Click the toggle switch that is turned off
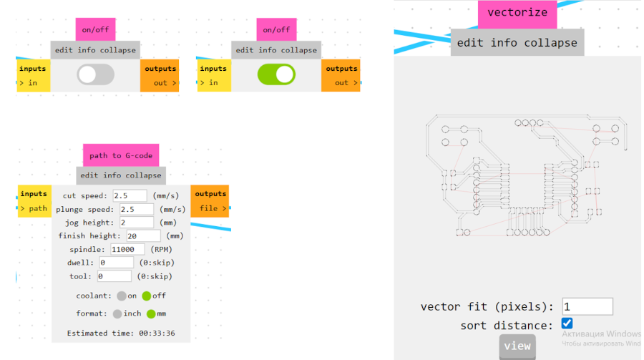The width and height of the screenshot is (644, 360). point(96,74)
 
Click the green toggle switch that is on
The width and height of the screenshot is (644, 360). point(276,74)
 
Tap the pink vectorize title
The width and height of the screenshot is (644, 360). point(517,13)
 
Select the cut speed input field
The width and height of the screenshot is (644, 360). point(130,195)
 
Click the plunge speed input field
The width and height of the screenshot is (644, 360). point(136,209)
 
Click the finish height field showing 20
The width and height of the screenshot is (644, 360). point(142,235)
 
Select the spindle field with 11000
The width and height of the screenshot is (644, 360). point(128,249)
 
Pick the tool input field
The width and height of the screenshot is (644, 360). point(114,276)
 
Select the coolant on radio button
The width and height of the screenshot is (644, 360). point(122,296)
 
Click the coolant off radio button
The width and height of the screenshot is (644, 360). point(147,296)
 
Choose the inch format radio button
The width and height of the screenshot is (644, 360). point(117,313)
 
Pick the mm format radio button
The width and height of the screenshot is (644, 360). point(151,313)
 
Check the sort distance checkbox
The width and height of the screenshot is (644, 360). point(567,323)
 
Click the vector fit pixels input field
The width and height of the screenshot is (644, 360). point(587,306)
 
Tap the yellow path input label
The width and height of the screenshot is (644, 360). point(34,209)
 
